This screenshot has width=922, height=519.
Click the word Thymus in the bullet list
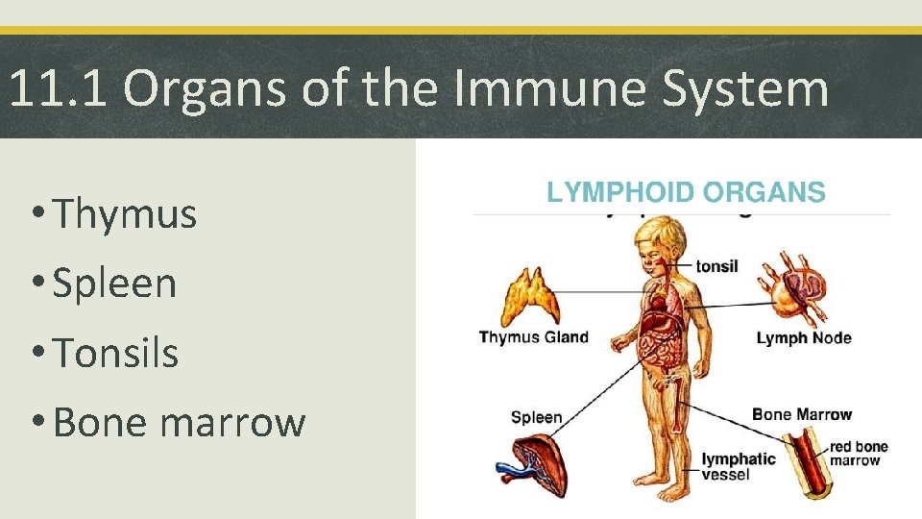(126, 213)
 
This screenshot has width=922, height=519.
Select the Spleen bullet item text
(115, 284)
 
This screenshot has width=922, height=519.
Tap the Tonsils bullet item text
(116, 353)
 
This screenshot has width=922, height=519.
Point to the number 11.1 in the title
(59, 89)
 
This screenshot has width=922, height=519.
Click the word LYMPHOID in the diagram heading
(620, 192)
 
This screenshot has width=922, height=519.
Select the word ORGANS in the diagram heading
(764, 192)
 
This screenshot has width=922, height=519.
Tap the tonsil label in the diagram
(716, 266)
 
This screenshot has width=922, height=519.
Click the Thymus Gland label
(533, 337)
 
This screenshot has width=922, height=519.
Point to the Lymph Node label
(804, 337)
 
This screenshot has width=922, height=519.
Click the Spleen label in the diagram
(536, 417)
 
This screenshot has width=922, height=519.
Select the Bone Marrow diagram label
(802, 414)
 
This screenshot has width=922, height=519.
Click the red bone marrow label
(859, 454)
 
